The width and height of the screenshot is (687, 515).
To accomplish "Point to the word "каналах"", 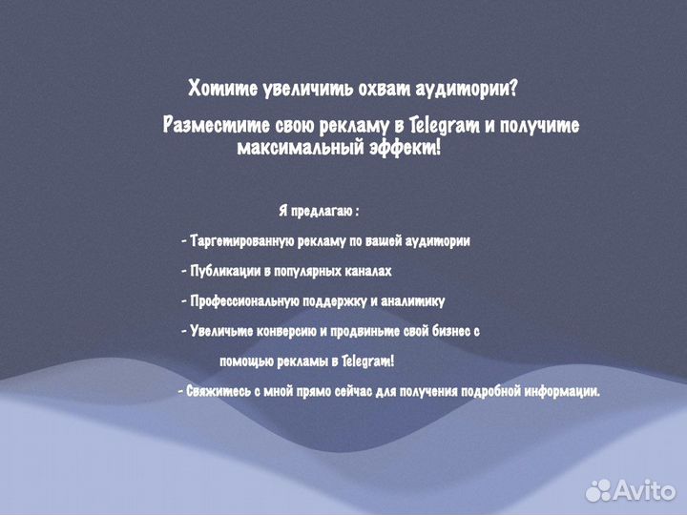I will [x=368, y=272].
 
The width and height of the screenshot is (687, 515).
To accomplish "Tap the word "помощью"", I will [x=244, y=361].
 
